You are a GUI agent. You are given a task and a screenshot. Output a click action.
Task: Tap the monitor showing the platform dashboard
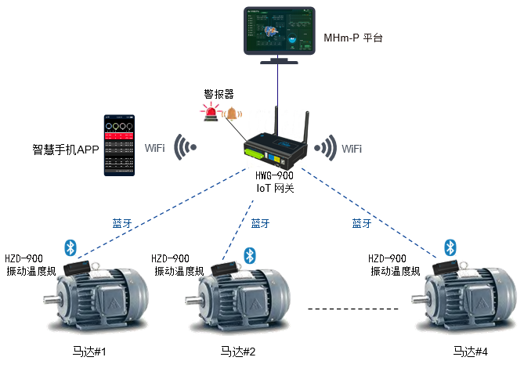pyautogui.click(x=278, y=31)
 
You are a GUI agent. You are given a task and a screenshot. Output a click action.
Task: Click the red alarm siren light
pyautogui.click(x=211, y=114)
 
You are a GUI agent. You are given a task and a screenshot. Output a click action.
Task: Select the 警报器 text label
pyautogui.click(x=219, y=95)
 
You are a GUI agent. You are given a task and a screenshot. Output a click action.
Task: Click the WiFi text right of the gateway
pyautogui.click(x=352, y=148)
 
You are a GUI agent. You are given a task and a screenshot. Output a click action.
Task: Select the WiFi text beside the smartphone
pyautogui.click(x=154, y=148)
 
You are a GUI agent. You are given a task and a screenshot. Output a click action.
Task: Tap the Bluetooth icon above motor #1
pyautogui.click(x=70, y=247)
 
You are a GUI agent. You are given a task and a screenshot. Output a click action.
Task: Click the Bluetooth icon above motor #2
pyautogui.click(x=250, y=255)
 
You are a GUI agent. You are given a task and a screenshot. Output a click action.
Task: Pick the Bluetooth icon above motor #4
pyautogui.click(x=450, y=247)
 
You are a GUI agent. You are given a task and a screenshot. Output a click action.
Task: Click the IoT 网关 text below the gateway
pyautogui.click(x=275, y=188)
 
